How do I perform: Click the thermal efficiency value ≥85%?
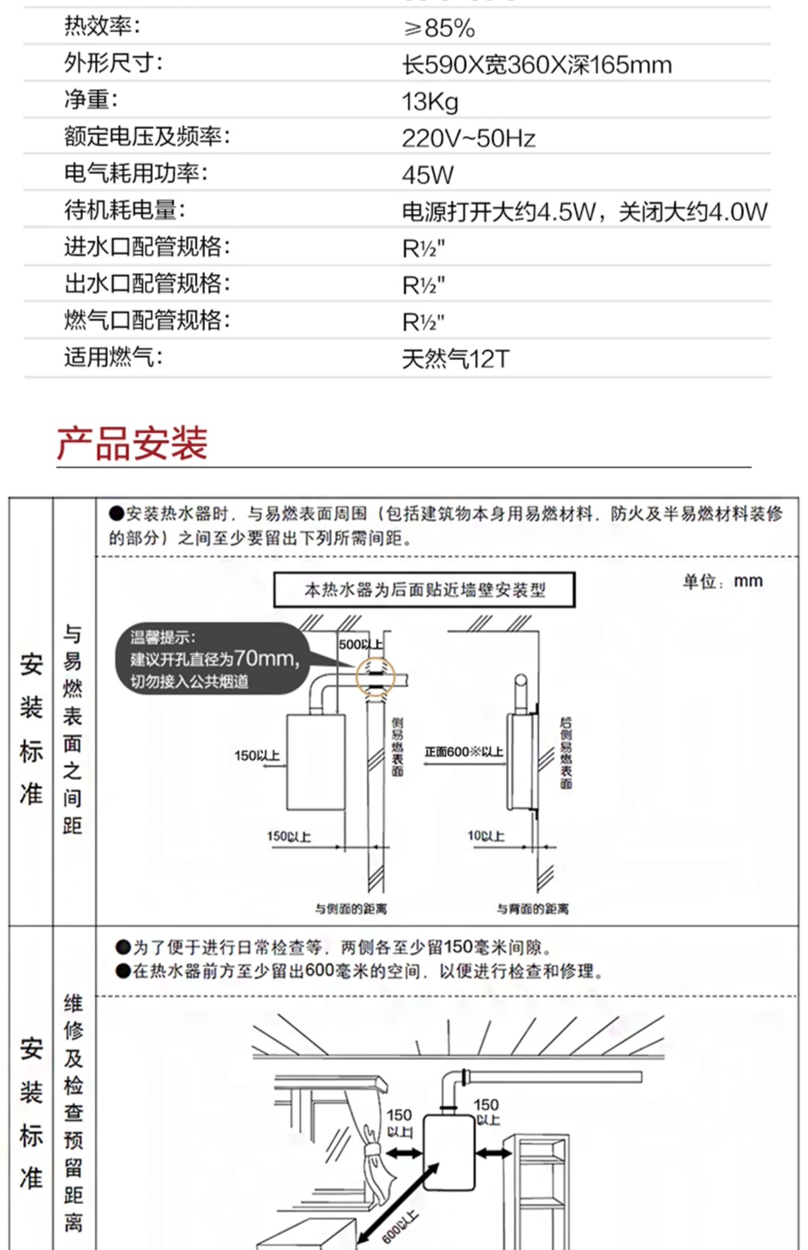pyautogui.click(x=440, y=29)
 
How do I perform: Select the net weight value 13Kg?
pyautogui.click(x=430, y=102)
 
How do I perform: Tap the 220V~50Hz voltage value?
pyautogui.click(x=469, y=139)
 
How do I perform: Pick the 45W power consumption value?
pyautogui.click(x=428, y=175)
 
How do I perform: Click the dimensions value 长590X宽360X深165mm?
pyautogui.click(x=537, y=65)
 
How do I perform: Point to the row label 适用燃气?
pyautogui.click(x=113, y=357)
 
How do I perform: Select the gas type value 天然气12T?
pyautogui.click(x=455, y=359)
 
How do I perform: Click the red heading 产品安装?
pyautogui.click(x=133, y=444)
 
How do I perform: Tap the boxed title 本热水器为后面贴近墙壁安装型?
pyautogui.click(x=424, y=591)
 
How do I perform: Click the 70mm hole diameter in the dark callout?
pyautogui.click(x=265, y=658)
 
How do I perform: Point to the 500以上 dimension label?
pyautogui.click(x=360, y=644)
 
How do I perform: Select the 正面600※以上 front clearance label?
pyautogui.click(x=464, y=752)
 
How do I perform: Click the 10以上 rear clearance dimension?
pyautogui.click(x=486, y=836)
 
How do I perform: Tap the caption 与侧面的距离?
pyautogui.click(x=351, y=909)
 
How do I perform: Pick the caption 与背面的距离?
pyautogui.click(x=532, y=909)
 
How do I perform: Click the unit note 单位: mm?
pyautogui.click(x=723, y=581)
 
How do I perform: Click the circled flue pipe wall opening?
pyautogui.click(x=375, y=678)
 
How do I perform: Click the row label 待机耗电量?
pyautogui.click(x=124, y=210)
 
